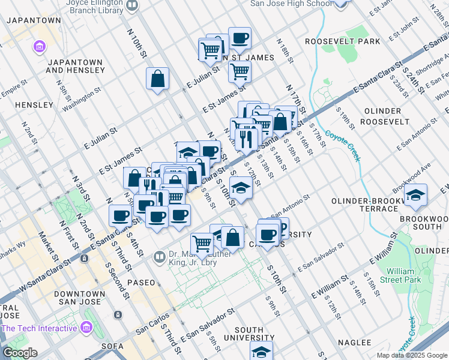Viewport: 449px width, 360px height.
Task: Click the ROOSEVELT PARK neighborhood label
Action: tap(342, 41)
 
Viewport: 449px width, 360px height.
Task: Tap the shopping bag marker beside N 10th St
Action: tap(157, 79)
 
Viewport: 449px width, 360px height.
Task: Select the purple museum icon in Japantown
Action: tap(40, 46)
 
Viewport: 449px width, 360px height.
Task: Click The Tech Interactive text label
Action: tap(39, 328)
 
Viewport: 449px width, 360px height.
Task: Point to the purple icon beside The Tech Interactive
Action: tap(85, 328)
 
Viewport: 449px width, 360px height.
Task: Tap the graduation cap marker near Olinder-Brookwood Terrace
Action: tap(415, 195)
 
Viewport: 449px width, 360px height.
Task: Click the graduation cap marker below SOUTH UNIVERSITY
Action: tap(261, 352)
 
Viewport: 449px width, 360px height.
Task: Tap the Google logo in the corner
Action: tap(20, 353)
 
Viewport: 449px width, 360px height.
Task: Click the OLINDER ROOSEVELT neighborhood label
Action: tap(382, 116)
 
